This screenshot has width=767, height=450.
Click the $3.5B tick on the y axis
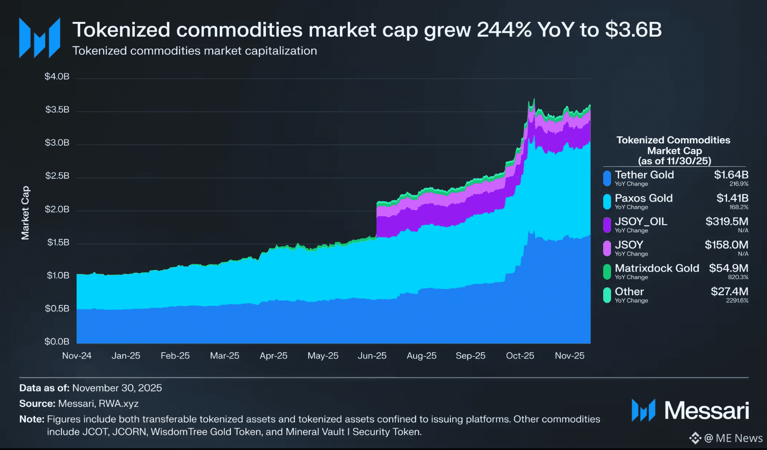coord(57,110)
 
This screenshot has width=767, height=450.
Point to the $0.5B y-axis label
coord(57,309)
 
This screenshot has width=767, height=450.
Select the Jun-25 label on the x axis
coord(372,356)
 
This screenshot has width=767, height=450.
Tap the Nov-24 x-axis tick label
coord(77,356)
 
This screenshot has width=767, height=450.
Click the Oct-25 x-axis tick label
coord(520,356)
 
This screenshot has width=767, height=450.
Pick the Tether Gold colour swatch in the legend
coord(607,178)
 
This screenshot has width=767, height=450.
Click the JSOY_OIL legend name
coord(641,222)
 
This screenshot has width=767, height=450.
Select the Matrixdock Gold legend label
coord(657,268)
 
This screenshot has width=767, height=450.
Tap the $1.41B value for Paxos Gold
coord(732,198)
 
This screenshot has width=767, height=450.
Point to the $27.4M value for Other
coord(729,292)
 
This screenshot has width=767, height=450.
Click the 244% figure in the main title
coord(504,30)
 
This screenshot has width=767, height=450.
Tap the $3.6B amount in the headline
coord(633,30)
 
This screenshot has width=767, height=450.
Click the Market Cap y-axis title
coord(25,213)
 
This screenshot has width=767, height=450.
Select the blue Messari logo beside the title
coord(39,38)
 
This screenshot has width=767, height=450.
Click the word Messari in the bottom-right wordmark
coord(706,411)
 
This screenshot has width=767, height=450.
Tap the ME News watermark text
coord(739,439)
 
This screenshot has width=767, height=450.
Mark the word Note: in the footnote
coord(32,419)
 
